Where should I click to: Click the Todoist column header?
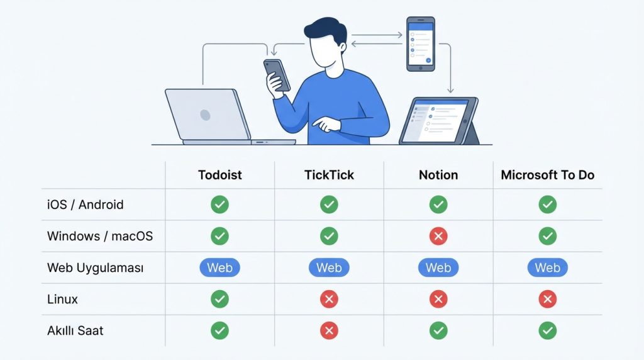219,175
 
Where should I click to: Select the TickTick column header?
329,175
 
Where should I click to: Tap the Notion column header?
438,175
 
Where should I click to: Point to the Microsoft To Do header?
548,175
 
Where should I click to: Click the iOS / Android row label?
86,205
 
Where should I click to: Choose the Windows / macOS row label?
100,236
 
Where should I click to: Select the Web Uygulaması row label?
96,268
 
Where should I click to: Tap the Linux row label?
62,299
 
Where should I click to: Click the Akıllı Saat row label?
75,331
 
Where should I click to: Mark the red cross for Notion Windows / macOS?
438,236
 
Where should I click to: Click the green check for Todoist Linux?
219,299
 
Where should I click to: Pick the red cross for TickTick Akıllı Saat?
329,331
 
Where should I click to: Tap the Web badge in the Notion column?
438,267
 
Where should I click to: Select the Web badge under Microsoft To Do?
548,267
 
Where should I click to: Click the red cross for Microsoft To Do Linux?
548,299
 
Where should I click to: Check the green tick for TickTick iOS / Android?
329,205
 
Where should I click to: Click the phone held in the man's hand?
277,74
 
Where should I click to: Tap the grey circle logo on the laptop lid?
206,115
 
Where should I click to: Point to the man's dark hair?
326,30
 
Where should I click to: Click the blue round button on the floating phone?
428,60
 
